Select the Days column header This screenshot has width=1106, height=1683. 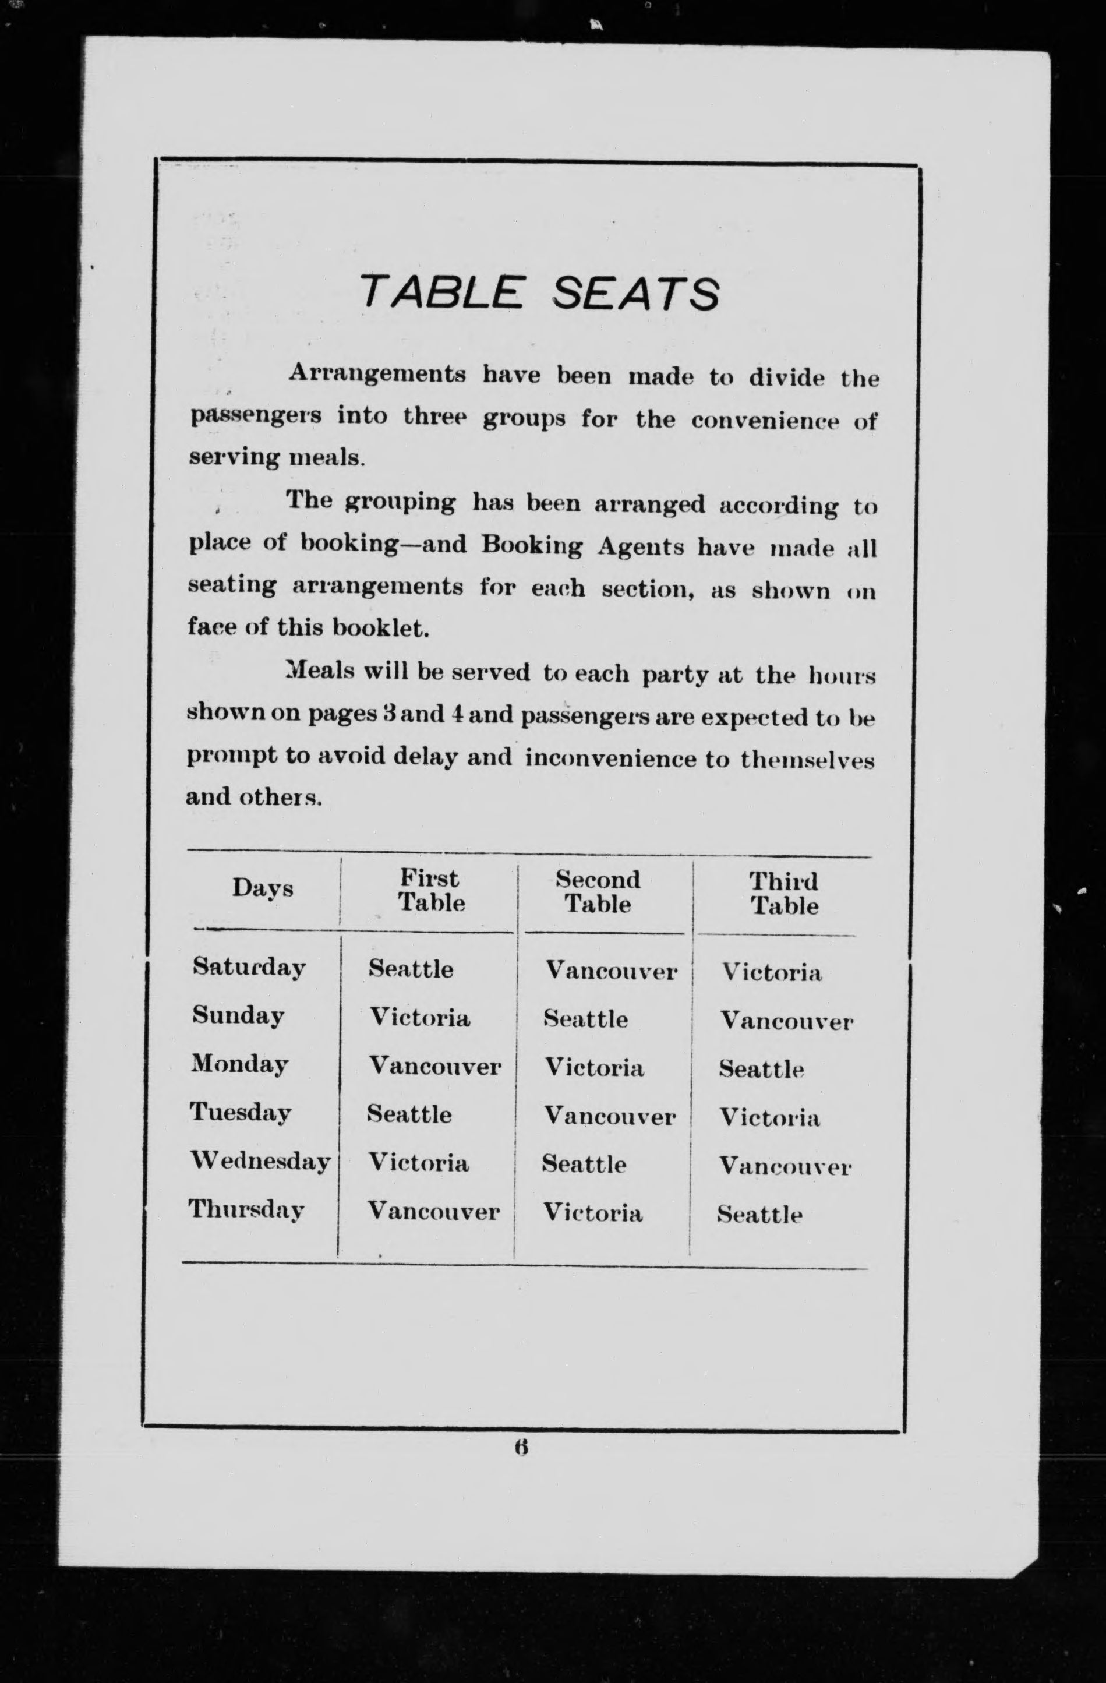pos(262,889)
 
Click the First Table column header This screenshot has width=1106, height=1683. pos(430,891)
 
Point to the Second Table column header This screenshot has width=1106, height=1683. pos(598,892)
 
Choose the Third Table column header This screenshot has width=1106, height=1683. pos(783,894)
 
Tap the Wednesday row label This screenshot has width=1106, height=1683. pos(260,1162)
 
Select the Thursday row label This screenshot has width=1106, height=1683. pos(246,1210)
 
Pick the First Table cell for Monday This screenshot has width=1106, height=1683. pos(435,1065)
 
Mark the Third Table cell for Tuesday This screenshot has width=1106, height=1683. pos(769,1117)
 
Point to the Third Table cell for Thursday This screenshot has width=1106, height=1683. pos(759,1215)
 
